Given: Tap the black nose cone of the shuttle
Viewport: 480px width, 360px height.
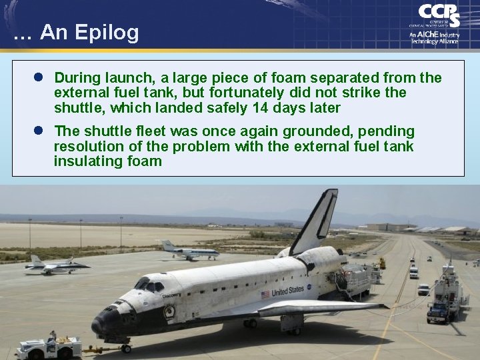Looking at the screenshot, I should [x=100, y=325].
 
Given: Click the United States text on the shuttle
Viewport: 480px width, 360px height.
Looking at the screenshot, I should [x=287, y=291].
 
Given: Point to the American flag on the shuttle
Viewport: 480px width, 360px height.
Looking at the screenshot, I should [x=265, y=294].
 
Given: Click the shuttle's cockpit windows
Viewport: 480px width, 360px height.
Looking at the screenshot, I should [x=150, y=285].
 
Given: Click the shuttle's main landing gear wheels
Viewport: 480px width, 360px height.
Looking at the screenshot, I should [x=250, y=323].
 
